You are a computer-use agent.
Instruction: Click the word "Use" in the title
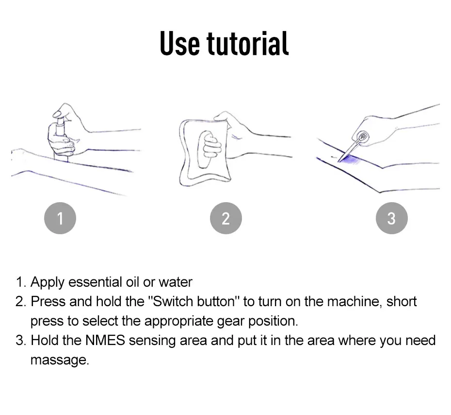(180, 43)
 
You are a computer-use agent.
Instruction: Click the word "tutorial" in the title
(247, 43)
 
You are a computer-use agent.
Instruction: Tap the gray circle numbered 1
(60, 218)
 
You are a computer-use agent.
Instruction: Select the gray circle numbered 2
(226, 218)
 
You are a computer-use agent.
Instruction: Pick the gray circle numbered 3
(391, 218)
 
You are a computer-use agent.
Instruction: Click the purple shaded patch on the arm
(350, 159)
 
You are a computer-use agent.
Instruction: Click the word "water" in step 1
(176, 282)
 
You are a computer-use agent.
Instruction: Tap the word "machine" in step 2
(354, 301)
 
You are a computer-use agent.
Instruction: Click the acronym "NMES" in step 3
(105, 340)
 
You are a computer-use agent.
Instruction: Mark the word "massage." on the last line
(60, 360)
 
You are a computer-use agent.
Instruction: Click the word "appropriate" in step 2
(178, 322)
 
